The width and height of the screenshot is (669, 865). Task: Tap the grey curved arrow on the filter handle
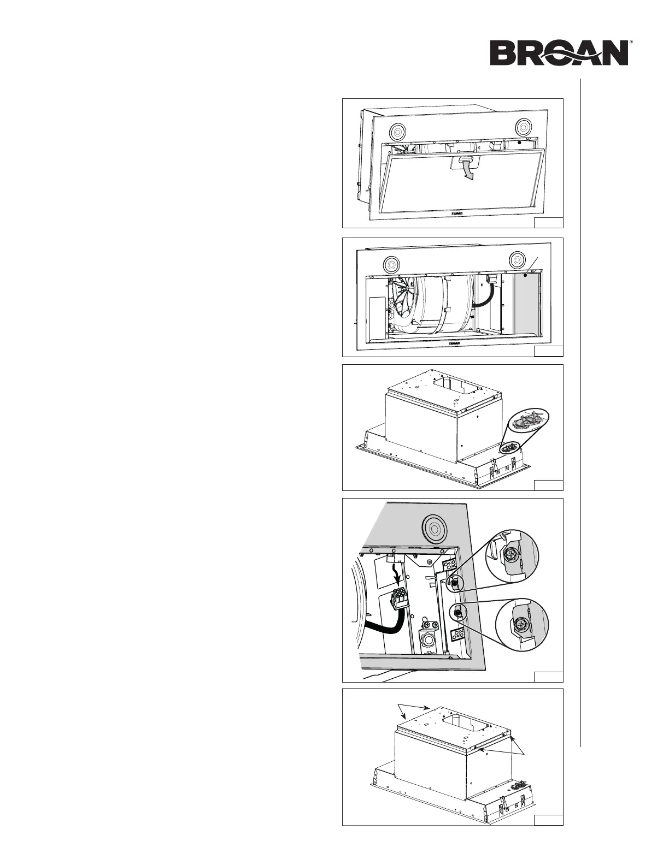[x=467, y=168]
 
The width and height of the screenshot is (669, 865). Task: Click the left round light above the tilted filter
[x=397, y=131]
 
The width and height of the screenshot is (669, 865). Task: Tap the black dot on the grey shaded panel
[x=524, y=277]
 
